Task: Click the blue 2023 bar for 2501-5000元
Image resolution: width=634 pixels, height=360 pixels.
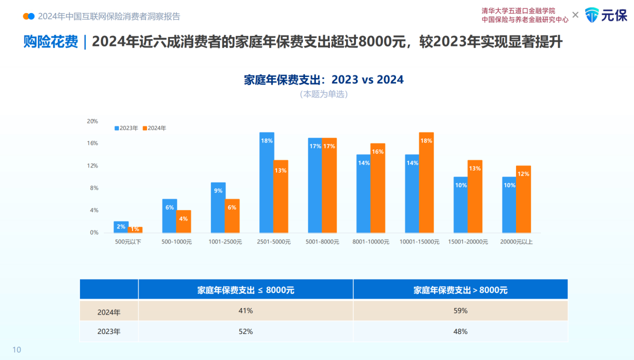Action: [x=266, y=182]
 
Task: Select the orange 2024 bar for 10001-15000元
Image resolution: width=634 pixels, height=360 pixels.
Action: [x=426, y=182]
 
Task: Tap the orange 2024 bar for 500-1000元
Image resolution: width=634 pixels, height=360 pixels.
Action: [x=183, y=221]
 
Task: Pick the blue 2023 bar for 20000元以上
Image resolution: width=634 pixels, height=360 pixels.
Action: [x=509, y=205]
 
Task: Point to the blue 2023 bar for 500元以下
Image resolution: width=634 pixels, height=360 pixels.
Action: [x=121, y=227]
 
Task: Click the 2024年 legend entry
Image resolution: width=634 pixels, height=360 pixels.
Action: [x=154, y=128]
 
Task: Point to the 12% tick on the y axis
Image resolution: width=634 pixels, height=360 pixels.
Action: [x=92, y=165]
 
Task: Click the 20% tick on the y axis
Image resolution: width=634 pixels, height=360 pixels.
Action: [x=92, y=121]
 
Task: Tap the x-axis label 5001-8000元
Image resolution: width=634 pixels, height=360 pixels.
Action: [x=322, y=242]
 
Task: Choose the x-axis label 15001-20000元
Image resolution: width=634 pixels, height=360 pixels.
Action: [x=468, y=242]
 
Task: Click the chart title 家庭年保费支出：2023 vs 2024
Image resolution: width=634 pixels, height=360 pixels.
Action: [x=323, y=79]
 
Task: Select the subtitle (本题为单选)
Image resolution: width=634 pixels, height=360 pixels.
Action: [x=323, y=94]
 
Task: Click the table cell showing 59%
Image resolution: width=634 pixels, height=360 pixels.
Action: [x=460, y=310]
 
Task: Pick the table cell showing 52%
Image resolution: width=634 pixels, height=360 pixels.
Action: [x=245, y=331]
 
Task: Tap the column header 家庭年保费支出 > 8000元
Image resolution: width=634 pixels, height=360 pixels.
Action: [x=460, y=289]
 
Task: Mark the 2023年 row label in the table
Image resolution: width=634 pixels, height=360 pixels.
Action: [x=109, y=331]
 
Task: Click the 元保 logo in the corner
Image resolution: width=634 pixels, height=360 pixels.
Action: [x=606, y=15]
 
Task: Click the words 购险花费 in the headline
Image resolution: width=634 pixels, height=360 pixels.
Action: [x=50, y=42]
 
